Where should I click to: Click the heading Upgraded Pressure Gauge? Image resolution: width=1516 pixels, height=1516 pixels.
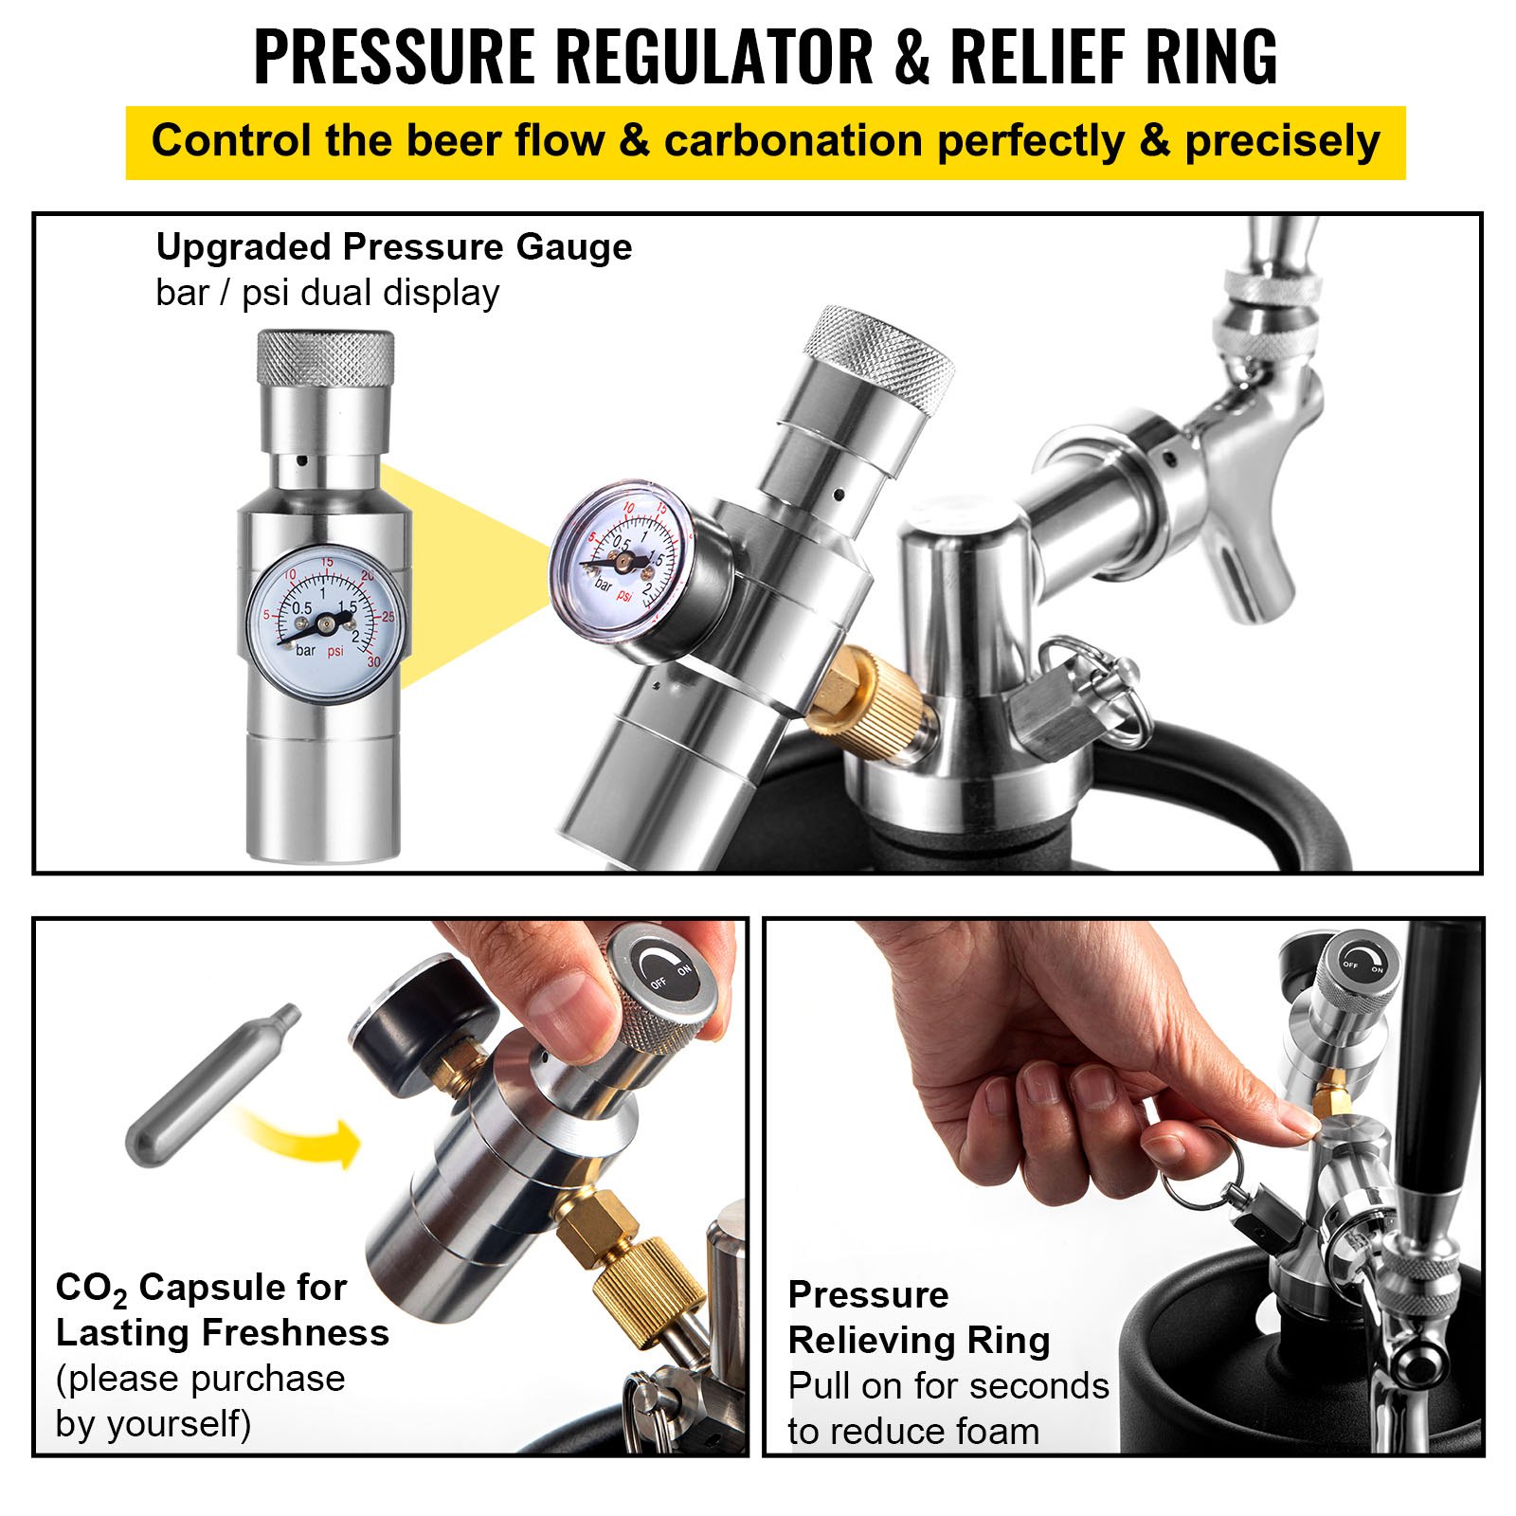393,247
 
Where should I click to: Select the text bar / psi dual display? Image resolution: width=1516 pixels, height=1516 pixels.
327,293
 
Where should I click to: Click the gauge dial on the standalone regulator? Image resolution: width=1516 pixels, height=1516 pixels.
324,623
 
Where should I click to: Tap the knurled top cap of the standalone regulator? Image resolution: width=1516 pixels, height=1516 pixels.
326,358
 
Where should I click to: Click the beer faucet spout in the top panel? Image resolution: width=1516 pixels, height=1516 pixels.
1251,578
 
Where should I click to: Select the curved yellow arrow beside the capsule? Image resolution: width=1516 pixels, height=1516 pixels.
303,1137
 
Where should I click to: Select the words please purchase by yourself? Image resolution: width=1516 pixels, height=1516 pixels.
200,1400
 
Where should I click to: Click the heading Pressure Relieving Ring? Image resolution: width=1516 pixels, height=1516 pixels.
918,1317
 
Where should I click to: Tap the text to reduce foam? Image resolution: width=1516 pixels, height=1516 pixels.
912,1431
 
